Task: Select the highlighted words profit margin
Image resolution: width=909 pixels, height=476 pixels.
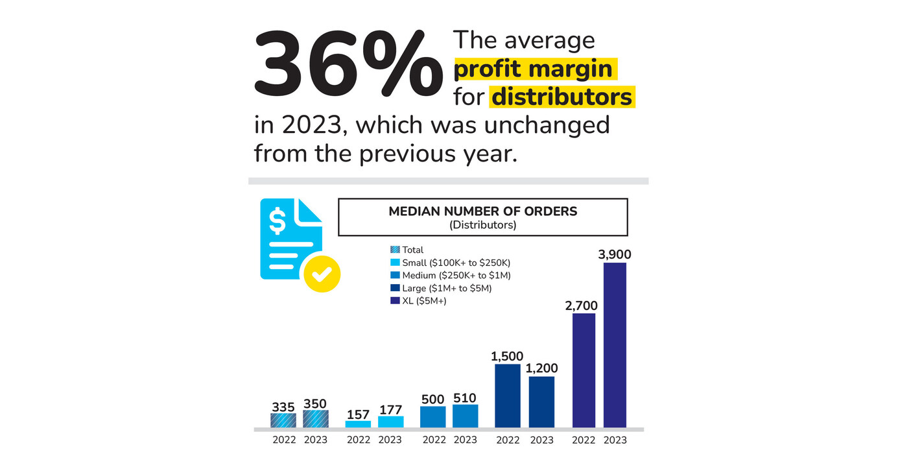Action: tap(535, 69)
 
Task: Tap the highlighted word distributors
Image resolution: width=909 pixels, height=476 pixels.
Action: tap(561, 97)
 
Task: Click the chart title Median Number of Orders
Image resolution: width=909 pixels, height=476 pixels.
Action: tap(482, 211)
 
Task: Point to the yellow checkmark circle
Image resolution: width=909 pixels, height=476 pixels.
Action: tap(322, 274)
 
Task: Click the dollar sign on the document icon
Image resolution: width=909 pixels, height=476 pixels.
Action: tap(277, 221)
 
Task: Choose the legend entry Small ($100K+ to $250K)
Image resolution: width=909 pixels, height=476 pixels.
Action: tap(451, 263)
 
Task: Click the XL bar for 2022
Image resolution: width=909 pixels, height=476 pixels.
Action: tap(584, 370)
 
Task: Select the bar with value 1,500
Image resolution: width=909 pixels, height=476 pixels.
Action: tap(508, 396)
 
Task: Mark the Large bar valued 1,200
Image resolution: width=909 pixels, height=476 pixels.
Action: tap(541, 402)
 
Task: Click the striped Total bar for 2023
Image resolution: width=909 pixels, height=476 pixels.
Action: tap(316, 419)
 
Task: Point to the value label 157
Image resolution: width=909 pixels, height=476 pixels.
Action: tap(358, 414)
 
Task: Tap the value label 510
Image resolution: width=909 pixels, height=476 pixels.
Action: tap(465, 398)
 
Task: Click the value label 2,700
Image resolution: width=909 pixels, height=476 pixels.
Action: tap(581, 306)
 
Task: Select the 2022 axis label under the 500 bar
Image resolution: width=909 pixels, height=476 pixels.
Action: tap(434, 440)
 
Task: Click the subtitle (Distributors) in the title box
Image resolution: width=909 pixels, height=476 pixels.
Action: tap(482, 225)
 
